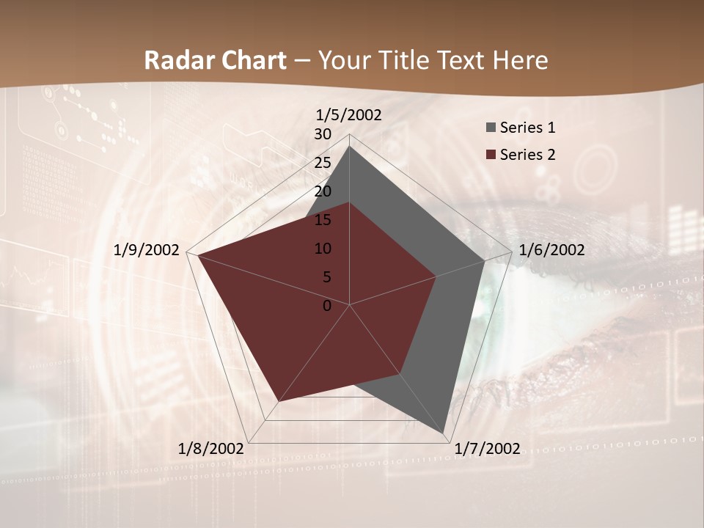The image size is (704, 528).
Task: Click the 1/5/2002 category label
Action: coord(349,115)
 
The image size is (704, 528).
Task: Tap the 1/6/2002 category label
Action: coord(551,250)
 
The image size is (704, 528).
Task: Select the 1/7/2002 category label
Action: coord(487,449)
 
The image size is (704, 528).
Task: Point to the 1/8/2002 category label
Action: coord(211,449)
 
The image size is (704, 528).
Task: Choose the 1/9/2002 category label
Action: coord(147,250)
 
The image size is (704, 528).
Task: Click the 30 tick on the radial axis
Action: coord(323,134)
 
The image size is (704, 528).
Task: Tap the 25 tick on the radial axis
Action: coord(323,163)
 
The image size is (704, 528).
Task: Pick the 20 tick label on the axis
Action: coord(323,191)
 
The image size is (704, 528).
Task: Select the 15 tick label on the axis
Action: coord(323,220)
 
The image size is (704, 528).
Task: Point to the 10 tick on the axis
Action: coord(323,249)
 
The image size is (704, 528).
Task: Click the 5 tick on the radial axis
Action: coord(327,277)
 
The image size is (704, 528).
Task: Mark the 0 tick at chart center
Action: coord(327,306)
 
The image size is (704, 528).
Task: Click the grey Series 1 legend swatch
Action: coord(491,128)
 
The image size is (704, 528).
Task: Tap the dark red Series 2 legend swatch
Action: coord(491,155)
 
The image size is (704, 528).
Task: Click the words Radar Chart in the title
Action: coord(215,60)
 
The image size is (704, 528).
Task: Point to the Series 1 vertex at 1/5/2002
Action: coord(349,146)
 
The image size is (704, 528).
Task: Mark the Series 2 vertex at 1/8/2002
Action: coord(278,402)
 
